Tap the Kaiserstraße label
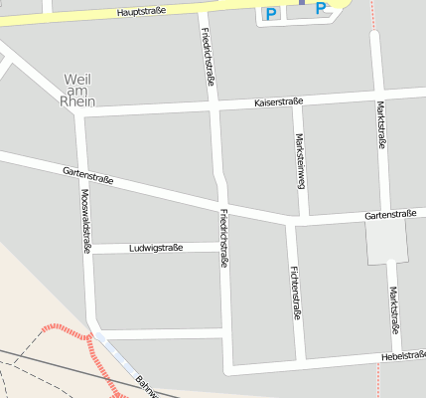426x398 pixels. click(278, 101)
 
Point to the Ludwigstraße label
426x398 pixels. click(156, 248)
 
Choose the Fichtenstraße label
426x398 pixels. click(295, 292)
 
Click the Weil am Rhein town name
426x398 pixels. click(77, 90)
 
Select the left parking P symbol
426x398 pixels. click(271, 12)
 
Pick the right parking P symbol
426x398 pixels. click(321, 9)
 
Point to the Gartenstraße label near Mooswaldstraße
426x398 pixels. click(87, 176)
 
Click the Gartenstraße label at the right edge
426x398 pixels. click(389, 214)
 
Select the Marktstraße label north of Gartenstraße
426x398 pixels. click(382, 124)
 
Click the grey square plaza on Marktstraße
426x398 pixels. click(387, 241)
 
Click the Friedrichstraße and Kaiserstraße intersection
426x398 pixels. click(213, 104)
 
